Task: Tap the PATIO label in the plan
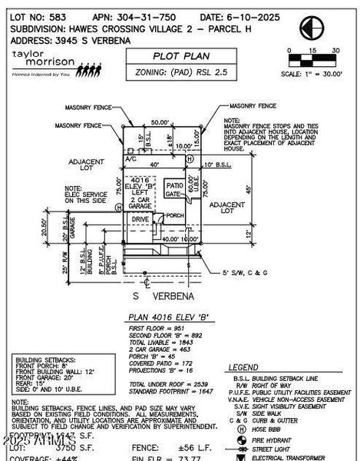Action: pyautogui.click(x=174, y=185)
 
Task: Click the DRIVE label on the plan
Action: pyautogui.click(x=140, y=219)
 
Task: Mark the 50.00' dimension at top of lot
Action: pyautogui.click(x=159, y=122)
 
